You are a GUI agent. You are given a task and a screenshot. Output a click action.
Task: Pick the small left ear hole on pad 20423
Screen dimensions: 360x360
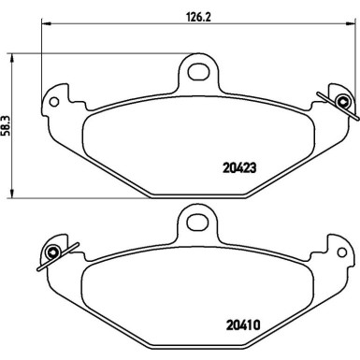point(56,98)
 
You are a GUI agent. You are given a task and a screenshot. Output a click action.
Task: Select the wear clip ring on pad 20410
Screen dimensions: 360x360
point(52,252)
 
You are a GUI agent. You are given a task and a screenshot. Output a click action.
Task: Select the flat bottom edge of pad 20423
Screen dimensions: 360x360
point(196,194)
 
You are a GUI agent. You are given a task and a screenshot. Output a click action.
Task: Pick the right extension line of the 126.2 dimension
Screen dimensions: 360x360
point(352,56)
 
